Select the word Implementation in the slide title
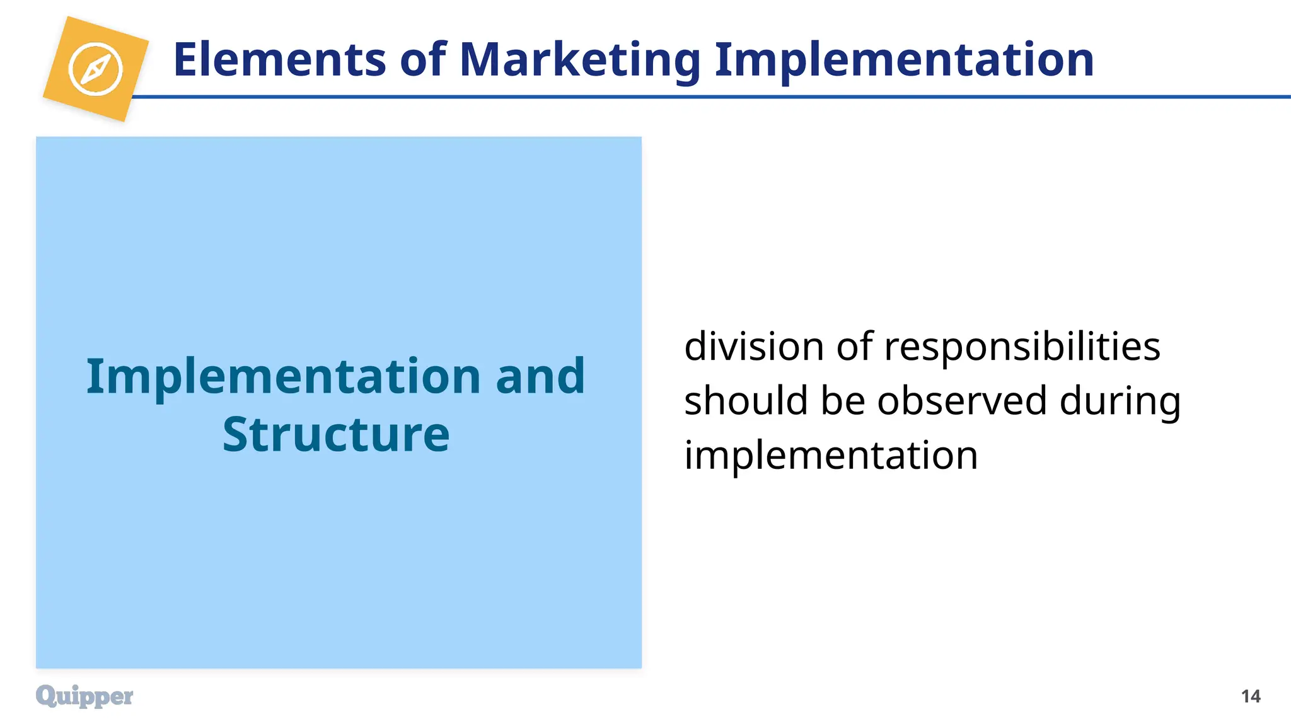tap(904, 60)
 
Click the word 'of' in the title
tap(423, 60)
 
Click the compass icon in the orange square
tap(95, 69)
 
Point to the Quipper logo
tap(84, 696)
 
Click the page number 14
tap(1251, 696)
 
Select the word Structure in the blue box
tap(336, 434)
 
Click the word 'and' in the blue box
tap(540, 376)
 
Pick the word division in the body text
tap(754, 347)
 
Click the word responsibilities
tap(1022, 347)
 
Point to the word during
tap(1120, 402)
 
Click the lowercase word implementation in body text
tap(831, 456)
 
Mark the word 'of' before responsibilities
tap(855, 347)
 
